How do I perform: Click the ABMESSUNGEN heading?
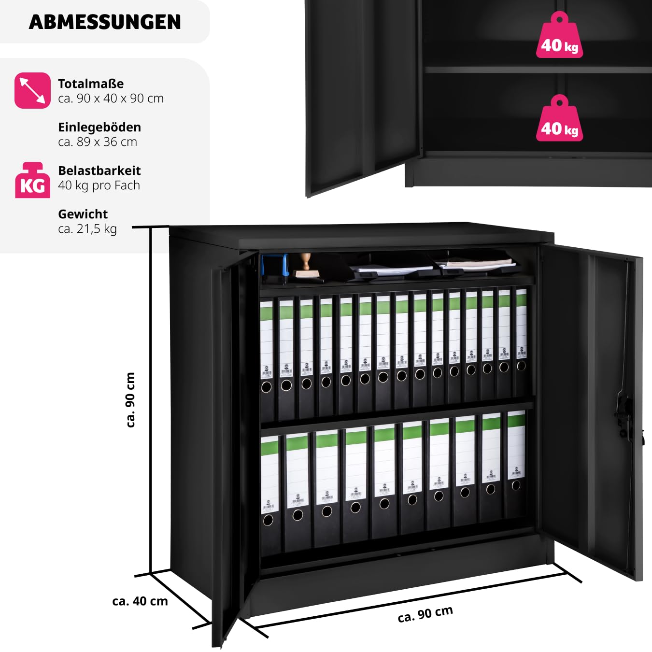pyautogui.click(x=105, y=22)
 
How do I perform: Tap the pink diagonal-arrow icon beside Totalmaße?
pyautogui.click(x=32, y=90)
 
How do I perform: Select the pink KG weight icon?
pyautogui.click(x=32, y=180)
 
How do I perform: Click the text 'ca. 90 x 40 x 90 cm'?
pyautogui.click(x=111, y=99)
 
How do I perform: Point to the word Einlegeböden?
pyautogui.click(x=99, y=127)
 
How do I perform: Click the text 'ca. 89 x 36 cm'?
pyautogui.click(x=98, y=142)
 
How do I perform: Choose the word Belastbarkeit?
pyautogui.click(x=99, y=170)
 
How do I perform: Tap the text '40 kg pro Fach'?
pyautogui.click(x=99, y=185)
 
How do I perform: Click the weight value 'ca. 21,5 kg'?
pyautogui.click(x=87, y=229)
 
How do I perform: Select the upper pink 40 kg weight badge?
pyautogui.click(x=559, y=35)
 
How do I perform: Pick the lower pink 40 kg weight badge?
pyautogui.click(x=559, y=118)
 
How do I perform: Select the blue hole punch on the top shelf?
pyautogui.click(x=275, y=269)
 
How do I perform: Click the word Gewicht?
pyautogui.click(x=83, y=214)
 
